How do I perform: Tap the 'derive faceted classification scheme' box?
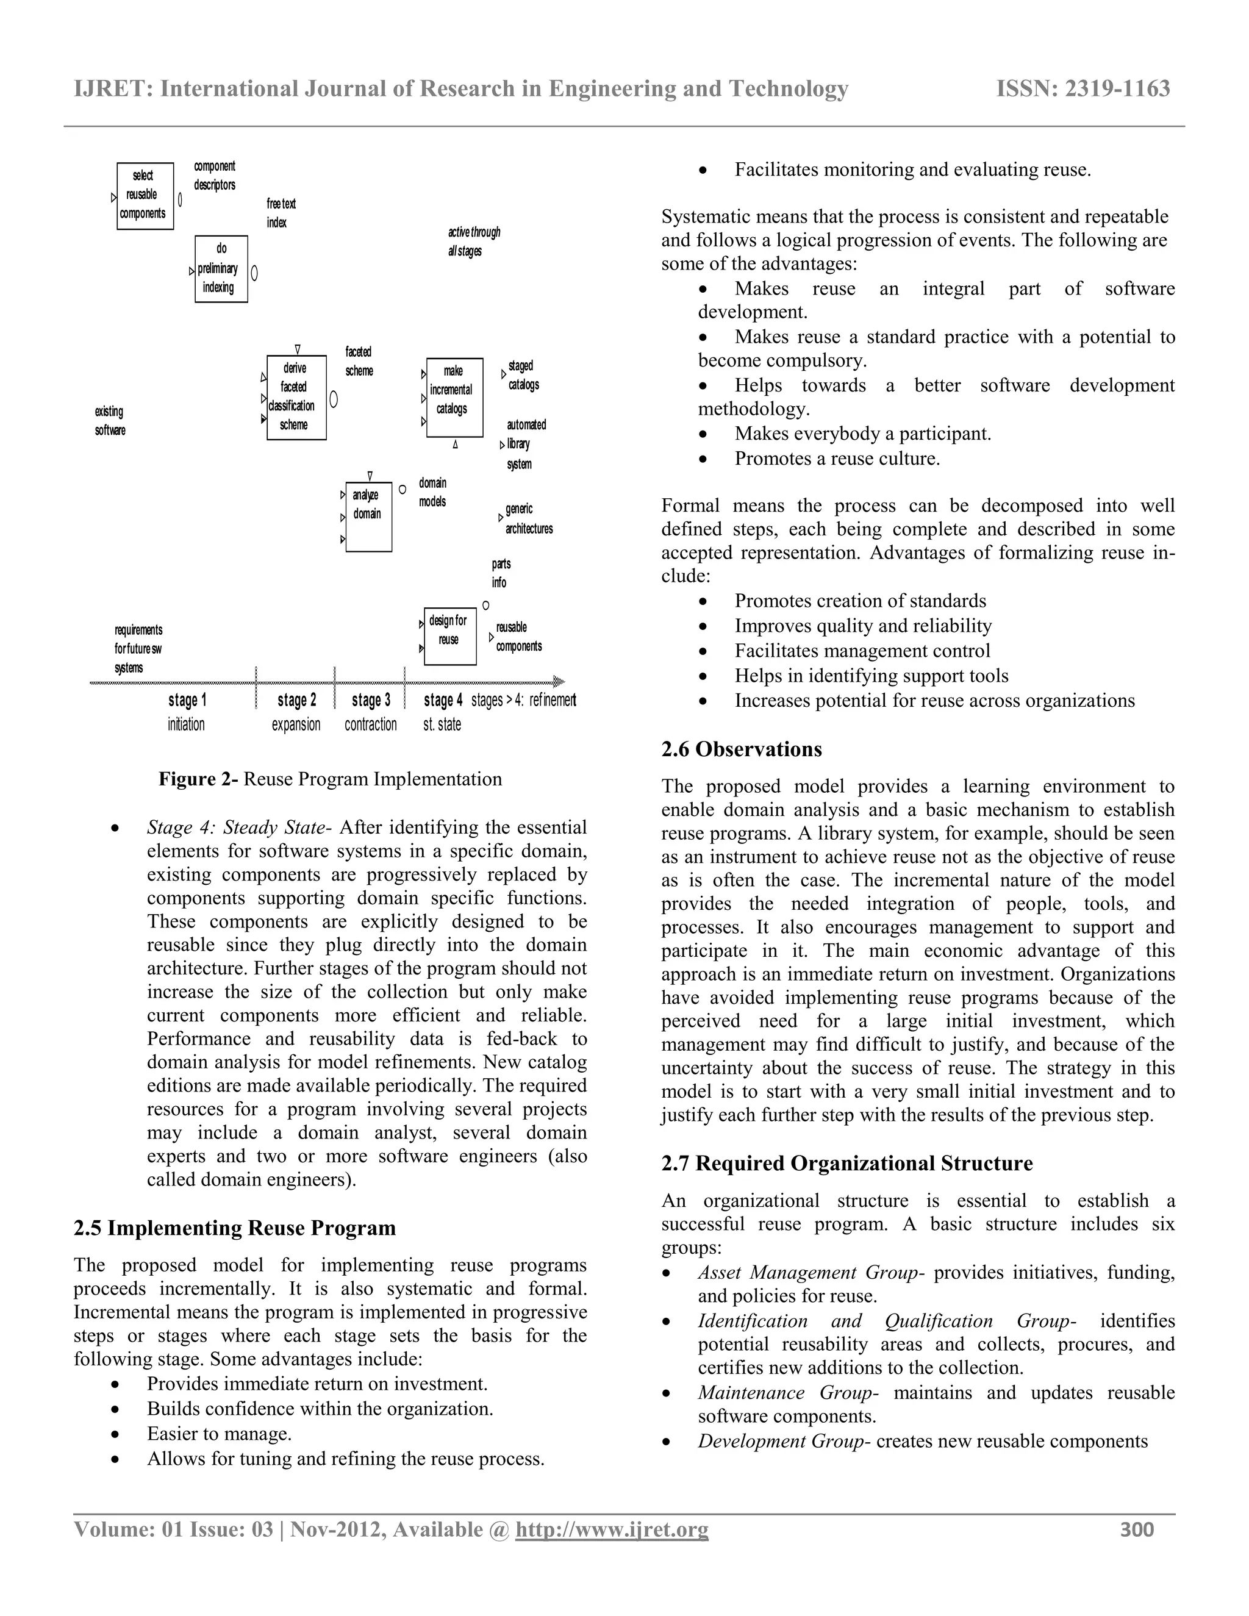tap(296, 398)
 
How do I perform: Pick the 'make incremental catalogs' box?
tap(454, 398)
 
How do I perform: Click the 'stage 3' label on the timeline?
tap(371, 700)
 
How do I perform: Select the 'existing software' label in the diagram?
tap(110, 421)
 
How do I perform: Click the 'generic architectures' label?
tap(528, 519)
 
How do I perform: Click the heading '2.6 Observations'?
tap(742, 749)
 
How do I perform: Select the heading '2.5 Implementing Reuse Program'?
tap(235, 1228)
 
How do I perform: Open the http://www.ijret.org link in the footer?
tap(611, 1529)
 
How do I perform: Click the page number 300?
tap(1137, 1529)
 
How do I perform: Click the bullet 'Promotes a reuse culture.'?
tap(837, 459)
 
